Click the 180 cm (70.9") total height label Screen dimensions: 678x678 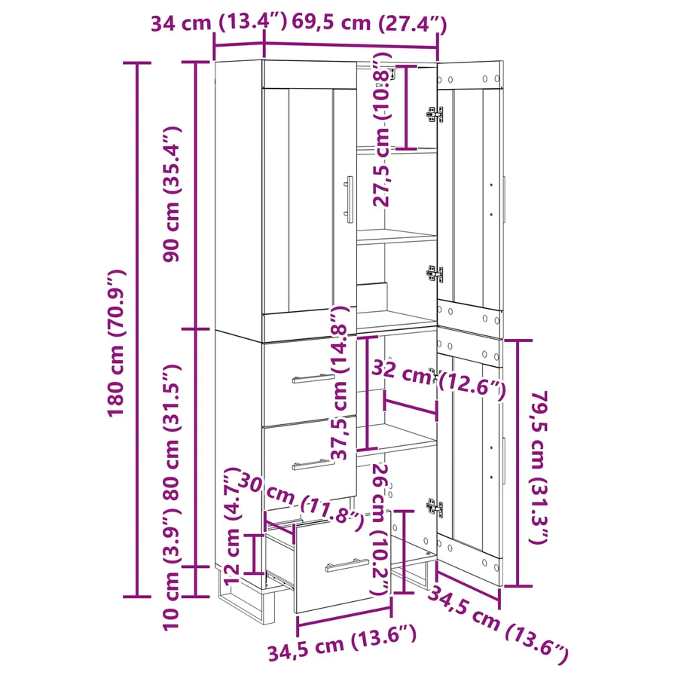click(117, 343)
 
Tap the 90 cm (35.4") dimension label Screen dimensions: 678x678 click(171, 194)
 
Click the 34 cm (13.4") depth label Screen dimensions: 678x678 click(218, 22)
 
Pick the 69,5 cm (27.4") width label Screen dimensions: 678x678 click(369, 23)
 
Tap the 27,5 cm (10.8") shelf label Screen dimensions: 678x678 click(381, 130)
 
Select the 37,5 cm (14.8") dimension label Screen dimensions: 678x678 click(340, 382)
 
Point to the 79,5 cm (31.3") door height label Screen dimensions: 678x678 click(539, 467)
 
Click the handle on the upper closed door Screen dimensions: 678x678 click(349, 200)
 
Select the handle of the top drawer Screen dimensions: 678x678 click(313, 378)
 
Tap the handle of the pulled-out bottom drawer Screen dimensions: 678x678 click(347, 565)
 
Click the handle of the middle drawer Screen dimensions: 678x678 click(313, 464)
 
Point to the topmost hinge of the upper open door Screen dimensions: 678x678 click(435, 115)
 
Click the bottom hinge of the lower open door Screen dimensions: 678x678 click(435, 507)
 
